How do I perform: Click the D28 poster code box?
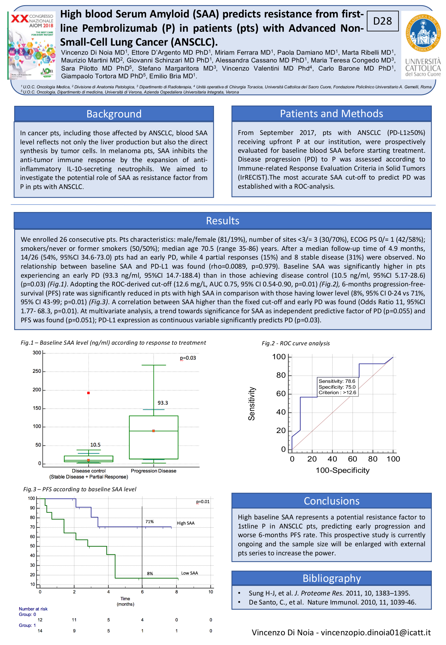[383, 21]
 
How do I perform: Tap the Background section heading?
[114, 114]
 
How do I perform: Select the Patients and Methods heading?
[331, 114]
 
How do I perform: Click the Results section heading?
[223, 221]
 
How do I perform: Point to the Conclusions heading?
[331, 501]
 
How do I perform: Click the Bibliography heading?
[331, 578]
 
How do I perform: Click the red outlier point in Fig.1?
[89, 393]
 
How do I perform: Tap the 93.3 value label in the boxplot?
[163, 403]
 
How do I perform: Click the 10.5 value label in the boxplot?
[95, 445]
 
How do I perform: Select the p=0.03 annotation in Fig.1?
[188, 358]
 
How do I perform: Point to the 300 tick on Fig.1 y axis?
[37, 353]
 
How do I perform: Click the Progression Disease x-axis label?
[154, 471]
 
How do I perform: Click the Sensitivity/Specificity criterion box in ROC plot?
[337, 387]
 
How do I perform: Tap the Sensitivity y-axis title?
[251, 404]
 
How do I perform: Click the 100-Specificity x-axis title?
[343, 470]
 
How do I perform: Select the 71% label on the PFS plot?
[149, 522]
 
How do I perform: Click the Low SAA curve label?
[189, 573]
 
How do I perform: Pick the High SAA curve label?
[186, 523]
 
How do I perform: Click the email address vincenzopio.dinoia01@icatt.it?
[376, 632]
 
